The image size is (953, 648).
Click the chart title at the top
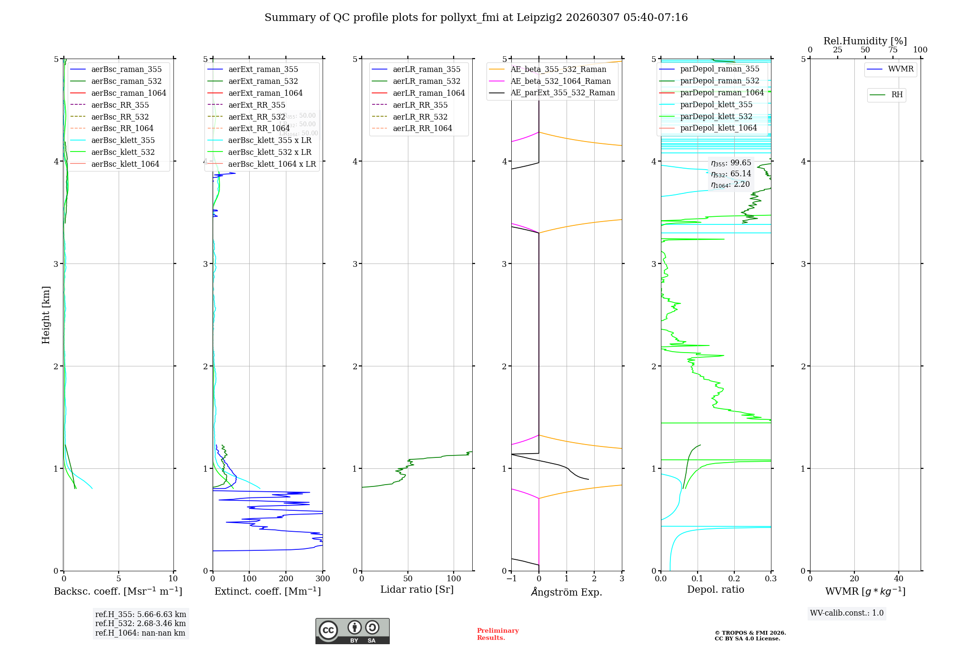click(476, 18)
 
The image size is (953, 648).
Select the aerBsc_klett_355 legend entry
click(123, 140)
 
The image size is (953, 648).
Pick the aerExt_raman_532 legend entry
click(263, 81)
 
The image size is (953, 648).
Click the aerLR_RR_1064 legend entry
click(422, 128)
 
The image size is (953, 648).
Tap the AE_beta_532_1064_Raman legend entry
click(560, 81)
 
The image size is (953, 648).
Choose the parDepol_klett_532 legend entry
click(716, 116)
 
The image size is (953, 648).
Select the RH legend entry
click(897, 95)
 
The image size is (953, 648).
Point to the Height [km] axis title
click(46, 314)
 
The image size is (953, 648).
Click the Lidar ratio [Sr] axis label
click(417, 589)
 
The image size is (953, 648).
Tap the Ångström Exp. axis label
click(567, 592)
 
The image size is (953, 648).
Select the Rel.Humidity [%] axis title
click(865, 41)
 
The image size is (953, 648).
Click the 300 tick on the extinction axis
click(323, 579)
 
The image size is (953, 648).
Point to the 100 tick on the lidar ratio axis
click(454, 579)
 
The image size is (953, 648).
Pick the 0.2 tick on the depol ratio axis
click(734, 579)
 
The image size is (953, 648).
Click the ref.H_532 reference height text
click(140, 623)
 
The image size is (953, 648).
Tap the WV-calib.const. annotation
click(847, 613)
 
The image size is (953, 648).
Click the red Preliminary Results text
click(497, 634)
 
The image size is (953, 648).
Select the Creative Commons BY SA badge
click(352, 631)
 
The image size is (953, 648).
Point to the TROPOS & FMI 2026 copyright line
click(750, 633)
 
